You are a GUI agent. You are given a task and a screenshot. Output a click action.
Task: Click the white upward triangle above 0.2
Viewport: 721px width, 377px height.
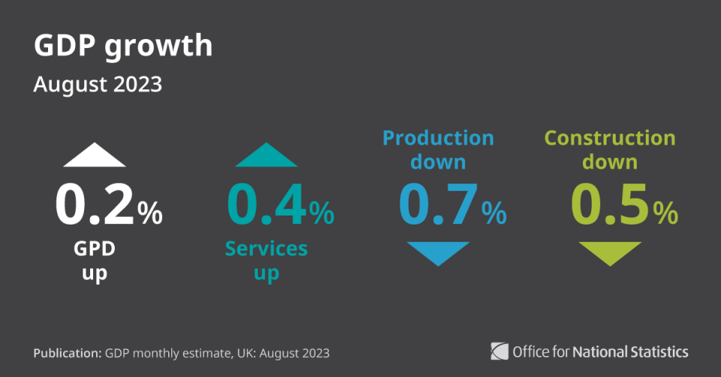point(95,155)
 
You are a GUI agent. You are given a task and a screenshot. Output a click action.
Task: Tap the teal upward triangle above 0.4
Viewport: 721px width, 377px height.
point(266,155)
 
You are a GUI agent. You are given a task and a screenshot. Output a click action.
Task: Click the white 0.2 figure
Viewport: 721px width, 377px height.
point(95,204)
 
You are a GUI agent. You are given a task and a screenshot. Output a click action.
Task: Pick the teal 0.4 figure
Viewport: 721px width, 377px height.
point(267,204)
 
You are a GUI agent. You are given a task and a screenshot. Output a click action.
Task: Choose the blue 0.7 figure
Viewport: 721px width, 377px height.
point(438,204)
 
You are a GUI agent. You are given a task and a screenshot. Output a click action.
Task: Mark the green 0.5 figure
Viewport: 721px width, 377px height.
point(610,204)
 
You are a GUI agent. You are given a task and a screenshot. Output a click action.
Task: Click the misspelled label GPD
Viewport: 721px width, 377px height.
point(95,249)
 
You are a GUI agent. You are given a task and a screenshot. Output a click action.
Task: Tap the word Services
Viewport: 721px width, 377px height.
point(266,249)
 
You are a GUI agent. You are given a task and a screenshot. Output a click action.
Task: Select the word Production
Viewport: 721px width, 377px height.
point(438,138)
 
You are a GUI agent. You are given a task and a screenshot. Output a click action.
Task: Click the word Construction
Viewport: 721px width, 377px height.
point(610,138)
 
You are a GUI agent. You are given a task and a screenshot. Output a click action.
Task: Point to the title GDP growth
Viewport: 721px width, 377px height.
point(123,47)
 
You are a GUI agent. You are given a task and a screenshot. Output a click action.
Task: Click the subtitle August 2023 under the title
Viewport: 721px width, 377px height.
point(98,85)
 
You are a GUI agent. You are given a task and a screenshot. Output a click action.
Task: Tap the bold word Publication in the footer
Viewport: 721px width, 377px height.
point(67,353)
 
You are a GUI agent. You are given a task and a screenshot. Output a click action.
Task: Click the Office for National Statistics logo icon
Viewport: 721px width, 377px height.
point(499,351)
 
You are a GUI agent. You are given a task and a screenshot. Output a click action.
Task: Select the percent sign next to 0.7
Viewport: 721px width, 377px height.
point(494,213)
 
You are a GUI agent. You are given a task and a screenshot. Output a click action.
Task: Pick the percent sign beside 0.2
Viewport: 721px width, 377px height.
point(150,213)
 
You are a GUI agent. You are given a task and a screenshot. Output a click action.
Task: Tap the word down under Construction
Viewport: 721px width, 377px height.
point(610,162)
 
